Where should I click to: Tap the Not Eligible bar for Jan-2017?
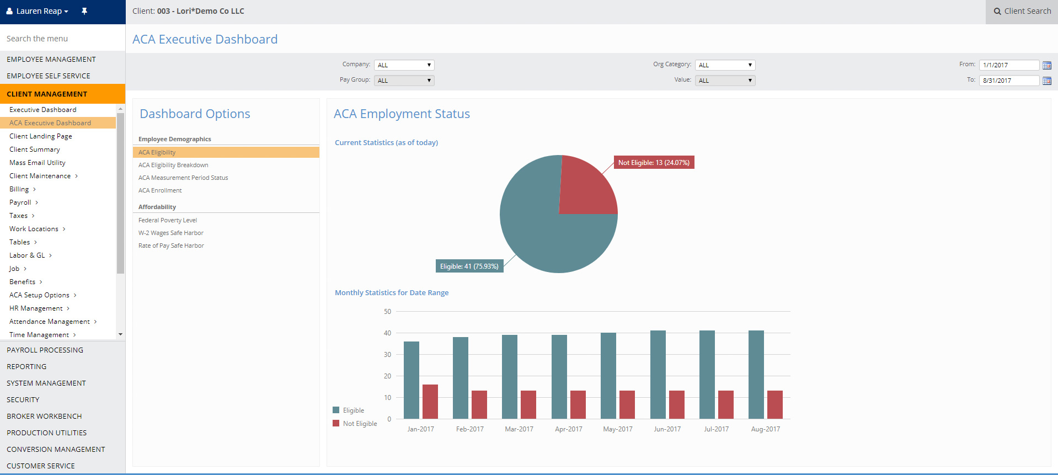click(430, 402)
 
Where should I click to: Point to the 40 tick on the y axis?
click(388, 333)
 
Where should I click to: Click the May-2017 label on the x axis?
click(618, 429)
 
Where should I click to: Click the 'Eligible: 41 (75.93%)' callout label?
click(469, 266)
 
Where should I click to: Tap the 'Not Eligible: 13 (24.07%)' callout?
click(654, 163)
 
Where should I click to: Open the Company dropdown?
click(404, 65)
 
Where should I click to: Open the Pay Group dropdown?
click(404, 81)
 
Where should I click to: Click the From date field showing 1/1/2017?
click(1009, 65)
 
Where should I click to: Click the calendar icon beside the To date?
click(1047, 81)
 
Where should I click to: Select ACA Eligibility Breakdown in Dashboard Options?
click(173, 165)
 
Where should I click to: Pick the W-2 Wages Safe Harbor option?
click(171, 233)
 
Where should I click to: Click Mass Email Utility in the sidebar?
click(38, 163)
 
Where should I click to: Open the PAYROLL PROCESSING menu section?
click(45, 350)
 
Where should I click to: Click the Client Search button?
click(1022, 11)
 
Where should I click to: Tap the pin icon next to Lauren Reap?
click(84, 11)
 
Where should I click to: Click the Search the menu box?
click(62, 39)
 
